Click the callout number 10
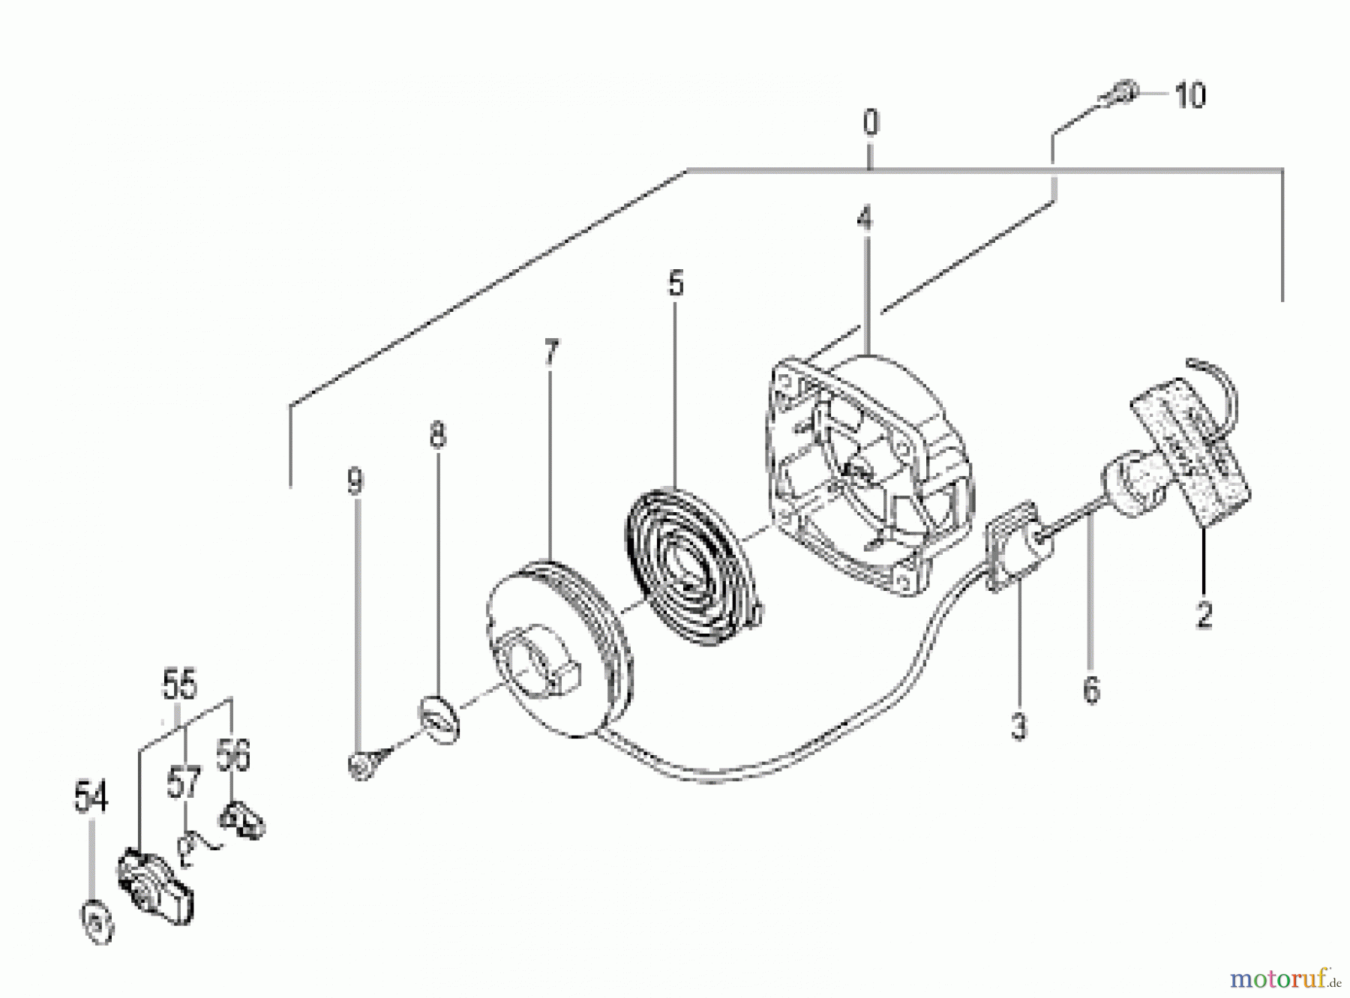1189,96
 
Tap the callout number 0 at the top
870,122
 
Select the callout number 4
865,219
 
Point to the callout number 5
676,284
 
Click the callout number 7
551,352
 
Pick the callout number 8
438,435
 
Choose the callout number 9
355,481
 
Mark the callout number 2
1204,616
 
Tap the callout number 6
1091,689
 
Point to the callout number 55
179,685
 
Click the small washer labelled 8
439,720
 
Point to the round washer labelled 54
97,922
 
